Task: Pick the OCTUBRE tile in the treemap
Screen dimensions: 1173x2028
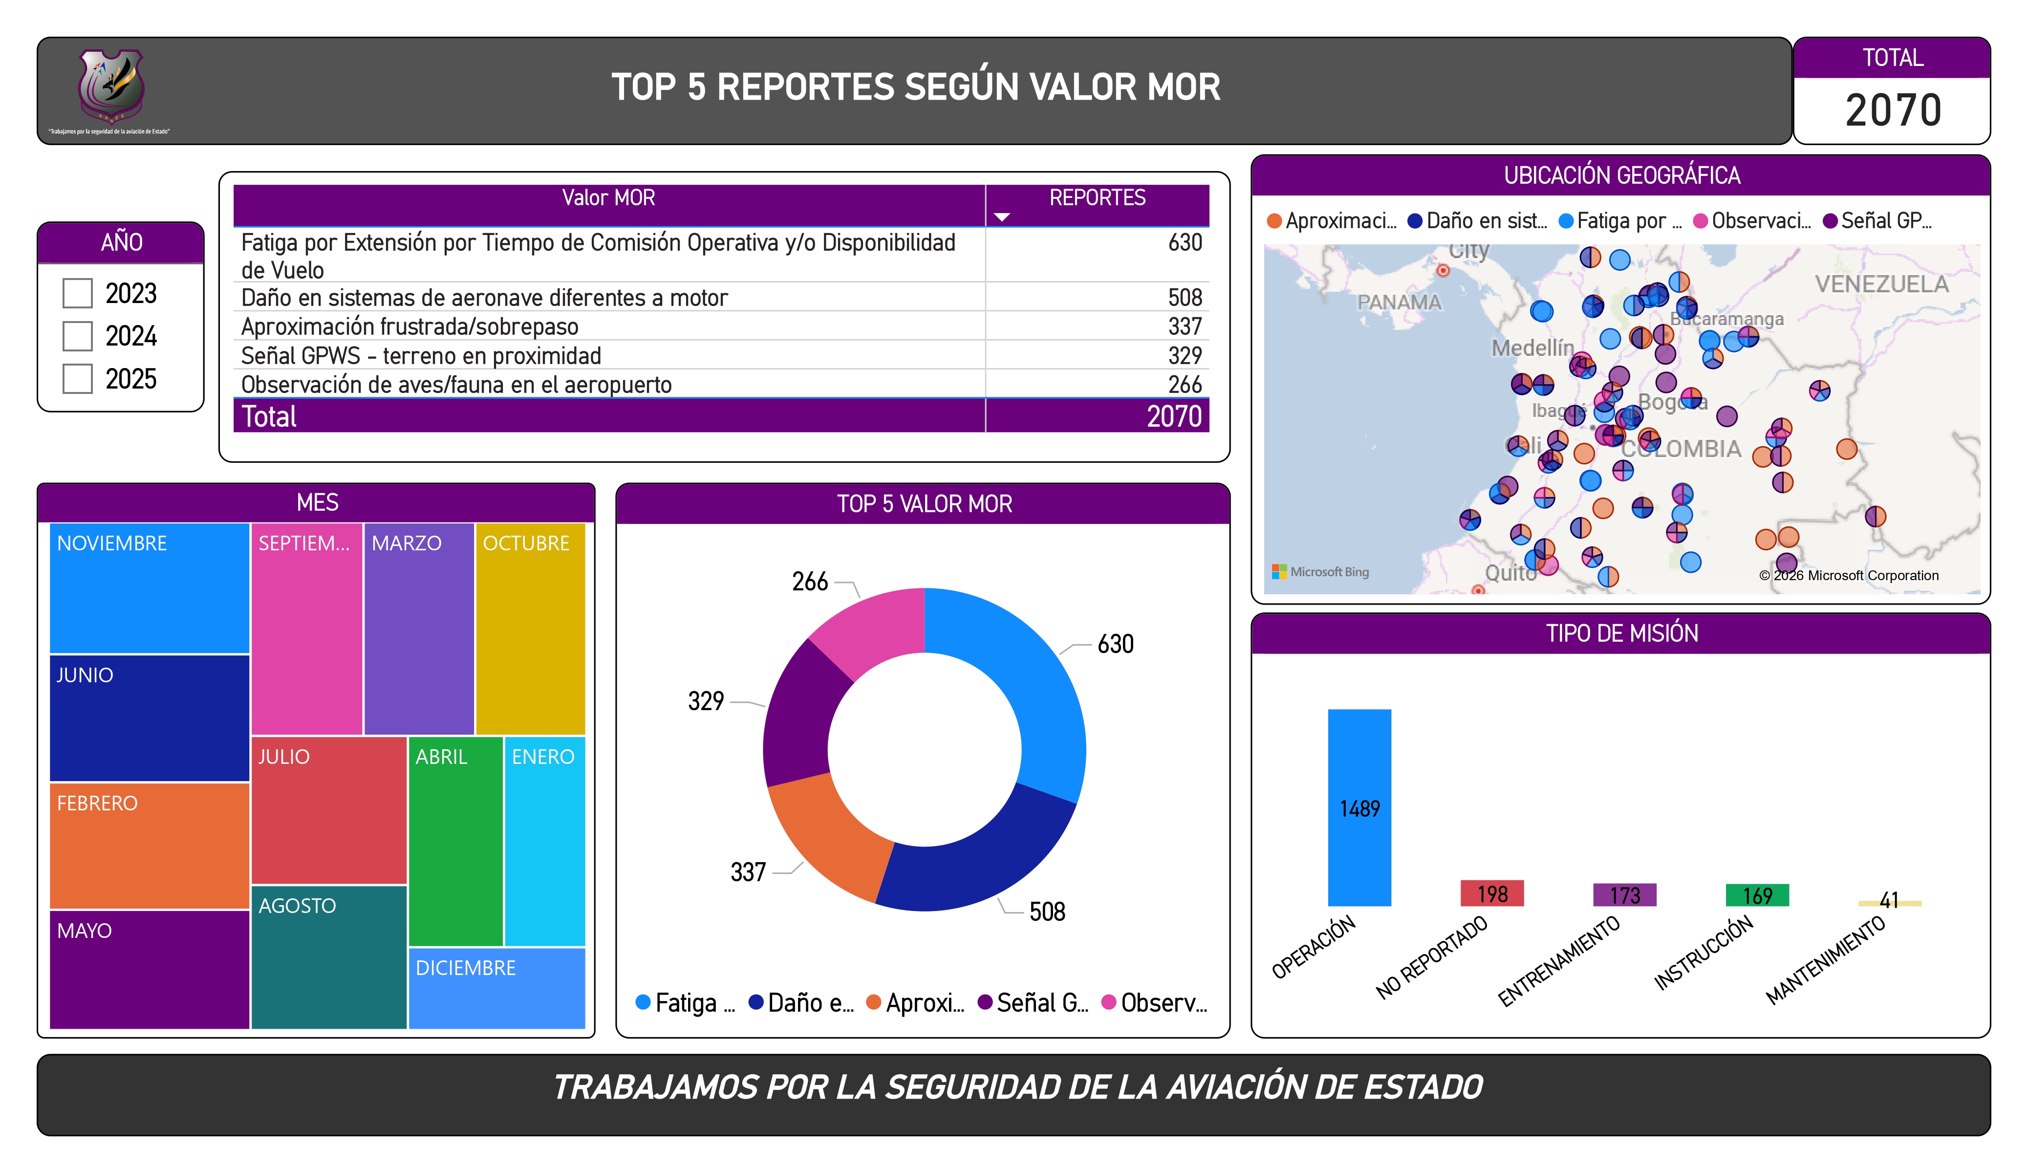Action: [530, 628]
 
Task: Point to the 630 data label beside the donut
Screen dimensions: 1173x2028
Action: [1115, 644]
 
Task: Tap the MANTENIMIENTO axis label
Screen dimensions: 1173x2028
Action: [1825, 960]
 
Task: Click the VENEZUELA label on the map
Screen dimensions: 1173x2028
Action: [1881, 284]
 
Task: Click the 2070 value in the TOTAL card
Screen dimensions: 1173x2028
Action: [1892, 110]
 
